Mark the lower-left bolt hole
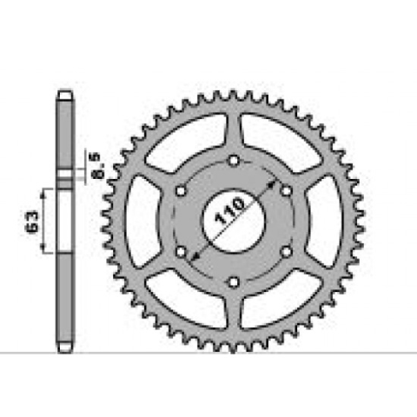tap(181, 252)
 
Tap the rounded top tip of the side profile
tap(64, 92)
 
